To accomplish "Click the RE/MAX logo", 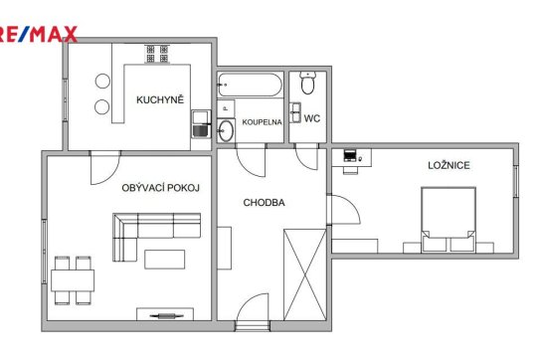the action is (x=38, y=34).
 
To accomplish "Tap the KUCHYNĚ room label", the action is (x=160, y=99).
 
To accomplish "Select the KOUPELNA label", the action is (x=262, y=122).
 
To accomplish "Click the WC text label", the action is (x=312, y=118).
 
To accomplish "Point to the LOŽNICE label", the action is (x=449, y=165).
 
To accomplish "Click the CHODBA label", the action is (x=264, y=203).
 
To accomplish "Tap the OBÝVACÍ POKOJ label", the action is (x=160, y=188).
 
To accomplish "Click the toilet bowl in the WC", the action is (x=307, y=83).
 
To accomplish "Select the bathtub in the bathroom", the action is (x=250, y=85).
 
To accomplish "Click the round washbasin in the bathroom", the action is (x=226, y=130).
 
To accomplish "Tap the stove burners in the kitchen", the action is (x=157, y=54).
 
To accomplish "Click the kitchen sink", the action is (x=202, y=123).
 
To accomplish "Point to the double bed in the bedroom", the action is (x=449, y=220).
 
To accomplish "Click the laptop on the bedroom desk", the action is (x=350, y=156).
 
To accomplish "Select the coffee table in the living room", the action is (x=165, y=260).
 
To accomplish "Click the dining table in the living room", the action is (x=73, y=280).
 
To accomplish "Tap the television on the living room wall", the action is (x=167, y=315).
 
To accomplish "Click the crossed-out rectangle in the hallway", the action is (x=304, y=275).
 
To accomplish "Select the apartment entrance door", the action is (x=253, y=311).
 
